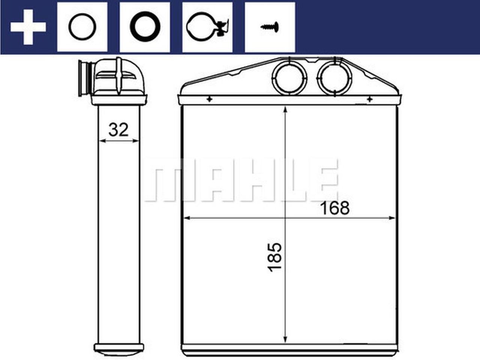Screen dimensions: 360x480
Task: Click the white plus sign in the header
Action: [x=28, y=27]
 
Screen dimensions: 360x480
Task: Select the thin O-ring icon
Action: [x=82, y=27]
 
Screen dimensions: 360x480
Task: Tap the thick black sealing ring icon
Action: [x=145, y=27]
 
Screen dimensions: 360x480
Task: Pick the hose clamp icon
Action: [x=207, y=27]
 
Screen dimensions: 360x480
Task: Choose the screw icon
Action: [x=270, y=27]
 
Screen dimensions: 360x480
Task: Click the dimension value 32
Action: [x=118, y=130]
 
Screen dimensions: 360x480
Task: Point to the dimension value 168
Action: [x=334, y=208]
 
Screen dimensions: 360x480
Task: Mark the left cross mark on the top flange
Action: [x=209, y=99]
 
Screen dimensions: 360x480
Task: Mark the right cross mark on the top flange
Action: [x=369, y=99]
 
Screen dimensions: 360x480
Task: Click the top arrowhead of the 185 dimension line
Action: [x=286, y=109]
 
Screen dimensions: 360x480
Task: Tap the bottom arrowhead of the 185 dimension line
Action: [x=286, y=327]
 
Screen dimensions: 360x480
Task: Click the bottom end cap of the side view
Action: [x=118, y=337]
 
